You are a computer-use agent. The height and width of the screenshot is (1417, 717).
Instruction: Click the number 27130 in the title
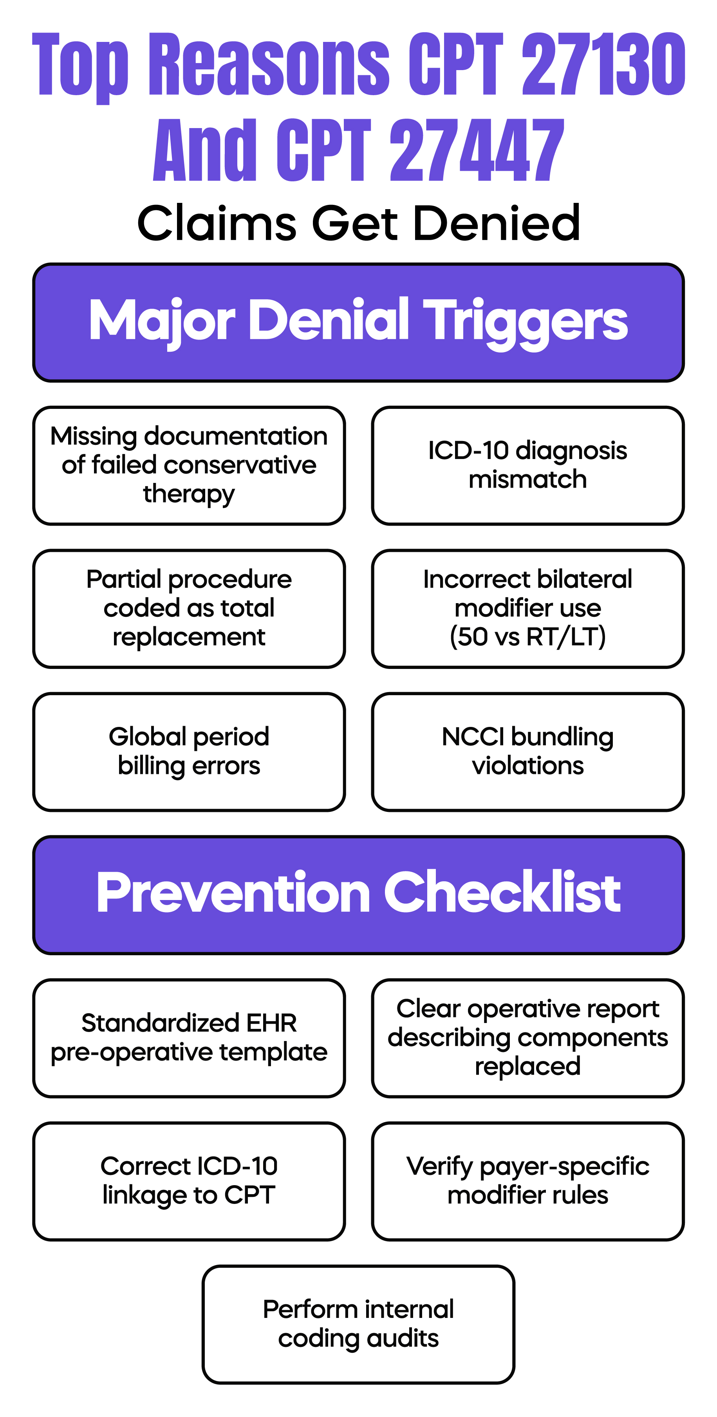click(603, 64)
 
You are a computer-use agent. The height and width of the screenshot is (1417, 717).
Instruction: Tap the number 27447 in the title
click(477, 150)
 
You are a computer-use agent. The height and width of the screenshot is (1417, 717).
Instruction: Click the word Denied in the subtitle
click(497, 223)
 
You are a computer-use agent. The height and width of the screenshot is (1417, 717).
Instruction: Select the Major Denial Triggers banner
click(359, 322)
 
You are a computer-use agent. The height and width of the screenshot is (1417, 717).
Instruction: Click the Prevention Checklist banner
click(359, 895)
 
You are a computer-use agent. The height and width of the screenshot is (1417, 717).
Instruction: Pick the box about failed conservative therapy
click(189, 465)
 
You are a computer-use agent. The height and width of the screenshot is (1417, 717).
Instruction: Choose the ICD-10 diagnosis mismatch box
click(528, 465)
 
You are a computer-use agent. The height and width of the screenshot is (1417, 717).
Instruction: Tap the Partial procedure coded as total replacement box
click(189, 608)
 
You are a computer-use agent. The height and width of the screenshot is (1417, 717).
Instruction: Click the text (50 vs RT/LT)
click(528, 637)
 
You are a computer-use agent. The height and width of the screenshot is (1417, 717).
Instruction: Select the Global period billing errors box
click(189, 752)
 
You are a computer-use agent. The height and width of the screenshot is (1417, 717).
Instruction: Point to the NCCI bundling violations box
click(528, 752)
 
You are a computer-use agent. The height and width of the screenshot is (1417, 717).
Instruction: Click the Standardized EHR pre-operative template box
click(189, 1038)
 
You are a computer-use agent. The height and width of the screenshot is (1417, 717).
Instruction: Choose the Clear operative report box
click(528, 1038)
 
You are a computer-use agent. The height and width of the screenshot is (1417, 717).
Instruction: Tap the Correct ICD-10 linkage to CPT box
click(189, 1181)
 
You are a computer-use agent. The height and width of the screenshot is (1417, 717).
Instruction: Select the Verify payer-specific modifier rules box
click(528, 1181)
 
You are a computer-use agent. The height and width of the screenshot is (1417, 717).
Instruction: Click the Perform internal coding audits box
click(359, 1324)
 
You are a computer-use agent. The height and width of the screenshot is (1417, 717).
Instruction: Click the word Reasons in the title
click(269, 64)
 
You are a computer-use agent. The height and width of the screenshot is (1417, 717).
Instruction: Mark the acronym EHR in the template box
click(272, 1023)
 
